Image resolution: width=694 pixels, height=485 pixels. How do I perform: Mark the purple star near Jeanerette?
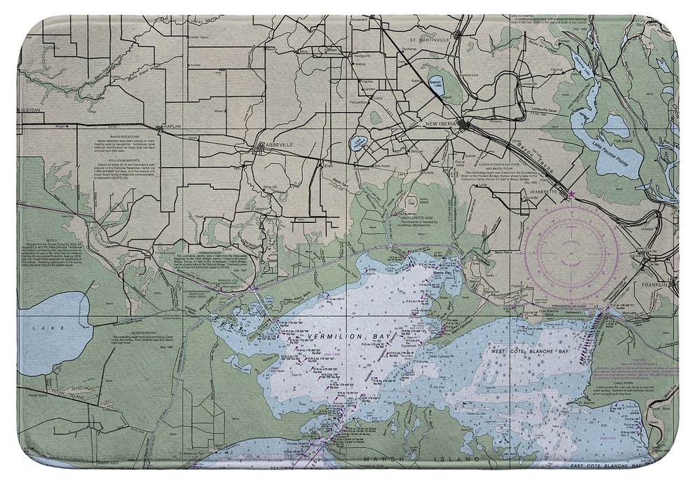coord(572,194)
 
